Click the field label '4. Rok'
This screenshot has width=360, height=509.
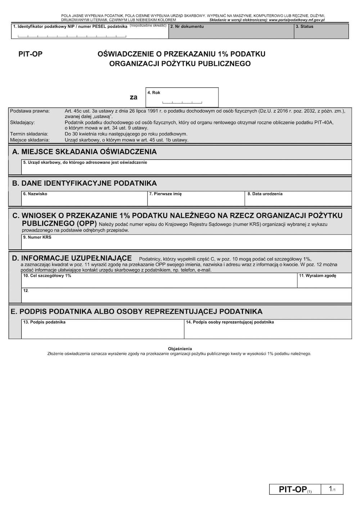pyautogui.click(x=154, y=92)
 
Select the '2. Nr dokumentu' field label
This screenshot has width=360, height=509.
pyautogui.click(x=187, y=26)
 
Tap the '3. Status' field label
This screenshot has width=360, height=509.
pyautogui.click(x=305, y=26)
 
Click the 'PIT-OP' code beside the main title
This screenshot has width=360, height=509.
pyautogui.click(x=30, y=54)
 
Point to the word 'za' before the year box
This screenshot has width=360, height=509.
pyautogui.click(x=134, y=97)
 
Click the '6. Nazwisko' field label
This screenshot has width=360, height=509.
pyautogui.click(x=35, y=194)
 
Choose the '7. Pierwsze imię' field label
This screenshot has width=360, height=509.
pyautogui.click(x=165, y=194)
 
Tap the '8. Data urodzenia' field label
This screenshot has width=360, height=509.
pyautogui.click(x=265, y=194)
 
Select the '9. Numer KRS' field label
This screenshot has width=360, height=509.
pyautogui.click(x=37, y=237)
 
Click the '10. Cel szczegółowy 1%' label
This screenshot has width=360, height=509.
pyautogui.click(x=47, y=276)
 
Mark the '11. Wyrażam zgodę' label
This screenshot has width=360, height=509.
pyautogui.click(x=318, y=276)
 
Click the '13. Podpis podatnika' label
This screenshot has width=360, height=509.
pyautogui.click(x=44, y=322)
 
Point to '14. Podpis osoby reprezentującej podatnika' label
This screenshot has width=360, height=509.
pyautogui.click(x=230, y=322)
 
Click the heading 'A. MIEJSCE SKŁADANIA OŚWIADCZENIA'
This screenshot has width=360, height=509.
pyautogui.click(x=85, y=152)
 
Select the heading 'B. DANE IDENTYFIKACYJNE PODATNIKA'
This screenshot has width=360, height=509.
pyautogui.click(x=85, y=183)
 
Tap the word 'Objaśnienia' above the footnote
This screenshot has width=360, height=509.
pyautogui.click(x=180, y=349)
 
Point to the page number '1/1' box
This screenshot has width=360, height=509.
pyautogui.click(x=332, y=489)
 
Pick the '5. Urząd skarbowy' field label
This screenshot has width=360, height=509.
pyautogui.click(x=85, y=163)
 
